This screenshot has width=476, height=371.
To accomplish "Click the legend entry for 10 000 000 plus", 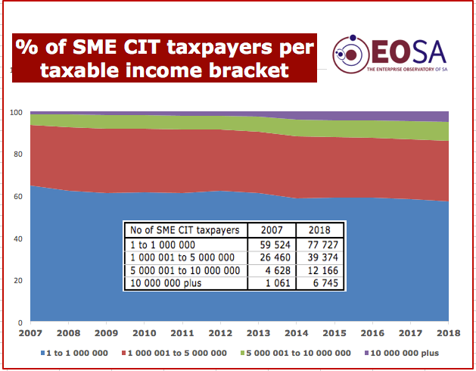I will [x=405, y=353].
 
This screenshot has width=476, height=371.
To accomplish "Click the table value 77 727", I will [x=318, y=245].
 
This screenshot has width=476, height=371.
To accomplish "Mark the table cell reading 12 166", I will [x=318, y=270].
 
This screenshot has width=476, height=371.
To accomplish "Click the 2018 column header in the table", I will [x=317, y=229].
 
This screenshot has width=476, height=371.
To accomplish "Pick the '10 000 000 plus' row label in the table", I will [x=166, y=284].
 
